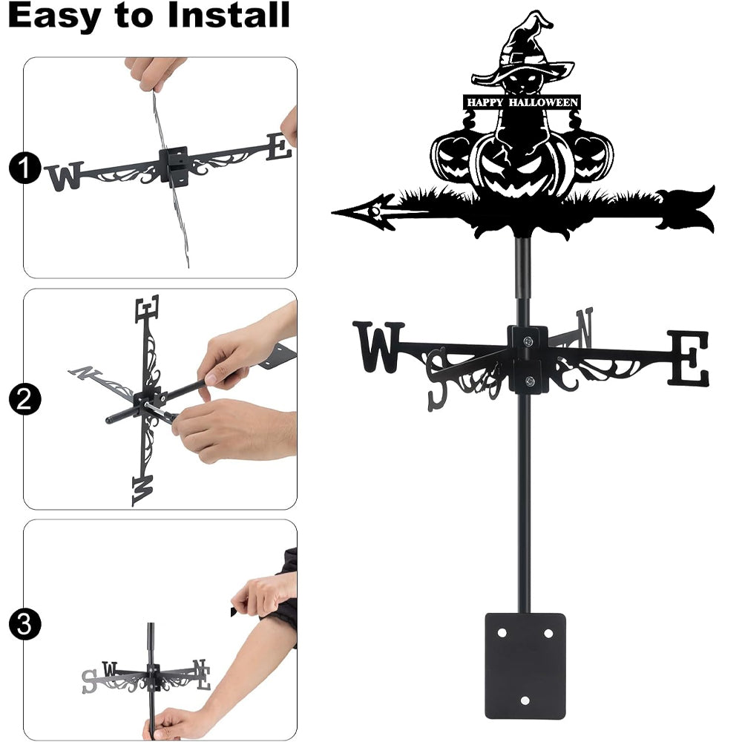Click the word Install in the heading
(x=229, y=15)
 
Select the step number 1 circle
(x=24, y=168)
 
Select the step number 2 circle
(x=24, y=399)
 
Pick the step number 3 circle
(x=24, y=624)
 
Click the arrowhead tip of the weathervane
(x=332, y=212)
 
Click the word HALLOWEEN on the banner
(x=543, y=102)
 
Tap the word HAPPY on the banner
(x=485, y=102)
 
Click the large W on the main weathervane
(x=378, y=347)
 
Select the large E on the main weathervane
(x=689, y=358)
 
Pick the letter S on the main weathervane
(x=437, y=379)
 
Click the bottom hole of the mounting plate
(x=525, y=700)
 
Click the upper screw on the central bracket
(x=528, y=340)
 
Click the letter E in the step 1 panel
(x=279, y=146)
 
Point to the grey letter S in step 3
(x=88, y=681)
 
